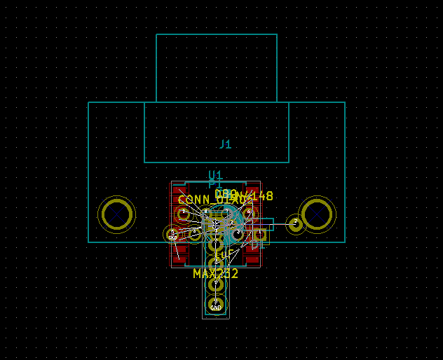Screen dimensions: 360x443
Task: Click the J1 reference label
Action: click(225, 144)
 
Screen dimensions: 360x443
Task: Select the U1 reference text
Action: click(215, 175)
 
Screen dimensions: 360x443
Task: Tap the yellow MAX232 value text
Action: click(215, 273)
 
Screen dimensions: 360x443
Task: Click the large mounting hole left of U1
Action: click(116, 214)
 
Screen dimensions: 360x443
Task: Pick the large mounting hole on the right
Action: click(317, 214)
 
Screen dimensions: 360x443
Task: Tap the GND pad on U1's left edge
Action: click(172, 234)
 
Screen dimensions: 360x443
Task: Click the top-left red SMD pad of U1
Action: click(180, 188)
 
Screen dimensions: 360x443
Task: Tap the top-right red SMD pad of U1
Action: click(252, 188)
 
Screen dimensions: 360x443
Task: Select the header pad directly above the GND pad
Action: click(216, 284)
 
